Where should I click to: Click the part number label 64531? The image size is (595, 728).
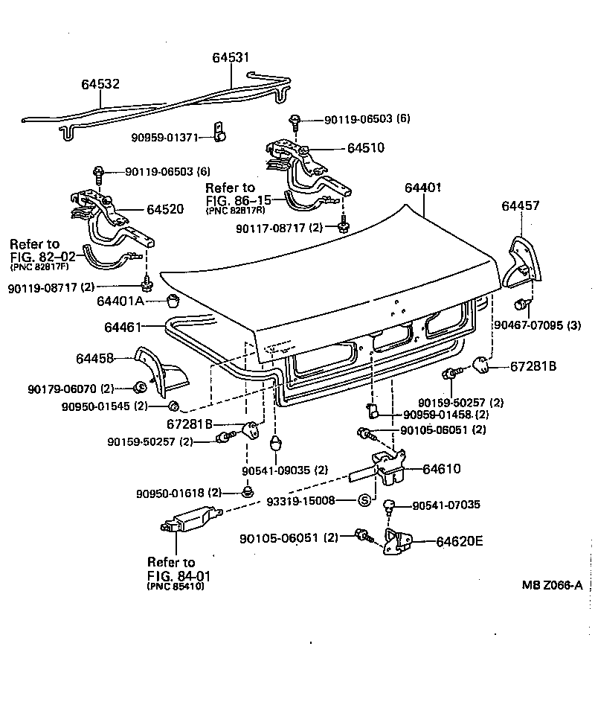click(x=231, y=57)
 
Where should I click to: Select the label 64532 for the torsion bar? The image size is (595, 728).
click(x=100, y=84)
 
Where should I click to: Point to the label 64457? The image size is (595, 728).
click(x=520, y=205)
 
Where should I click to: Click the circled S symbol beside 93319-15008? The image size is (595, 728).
click(x=365, y=499)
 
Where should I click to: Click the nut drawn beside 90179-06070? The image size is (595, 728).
click(x=138, y=387)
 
